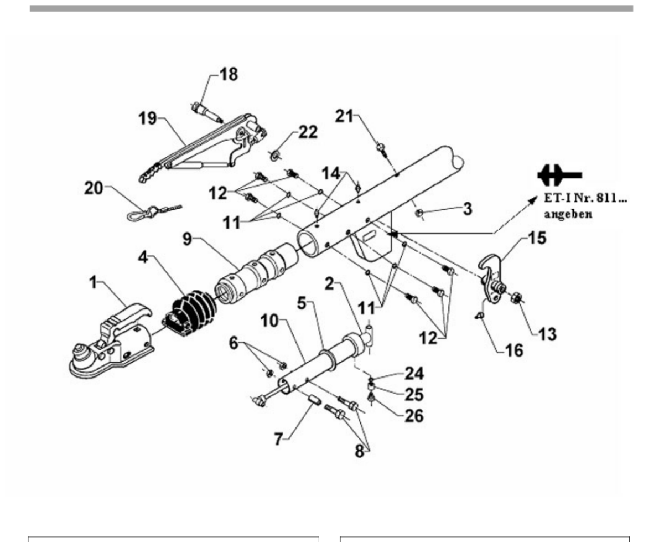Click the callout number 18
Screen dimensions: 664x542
(x=229, y=75)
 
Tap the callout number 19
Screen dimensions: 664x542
(x=148, y=118)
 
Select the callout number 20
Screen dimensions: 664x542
(x=94, y=188)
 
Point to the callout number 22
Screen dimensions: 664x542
(x=308, y=132)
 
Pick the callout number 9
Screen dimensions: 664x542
(x=188, y=239)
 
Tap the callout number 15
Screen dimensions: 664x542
(x=537, y=238)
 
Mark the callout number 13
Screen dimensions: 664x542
(x=547, y=334)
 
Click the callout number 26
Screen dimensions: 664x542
(x=414, y=416)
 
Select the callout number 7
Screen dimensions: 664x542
(x=278, y=439)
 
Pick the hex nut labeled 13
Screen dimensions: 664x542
(x=516, y=296)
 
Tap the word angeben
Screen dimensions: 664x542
(x=568, y=214)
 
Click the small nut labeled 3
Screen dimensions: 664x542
(x=419, y=213)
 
